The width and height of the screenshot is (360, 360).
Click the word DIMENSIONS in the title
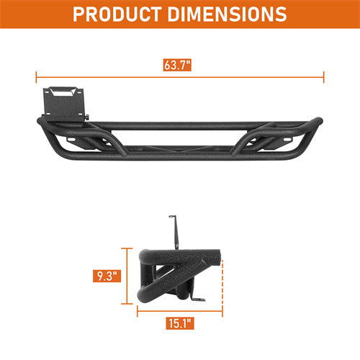click(x=225, y=14)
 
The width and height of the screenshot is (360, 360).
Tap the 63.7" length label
click(x=179, y=66)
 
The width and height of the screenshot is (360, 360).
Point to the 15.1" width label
click(x=179, y=324)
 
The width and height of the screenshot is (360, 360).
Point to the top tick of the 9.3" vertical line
click(x=128, y=248)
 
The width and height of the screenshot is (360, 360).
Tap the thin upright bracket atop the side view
click(x=174, y=230)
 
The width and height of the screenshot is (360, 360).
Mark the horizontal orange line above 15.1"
click(x=179, y=310)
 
